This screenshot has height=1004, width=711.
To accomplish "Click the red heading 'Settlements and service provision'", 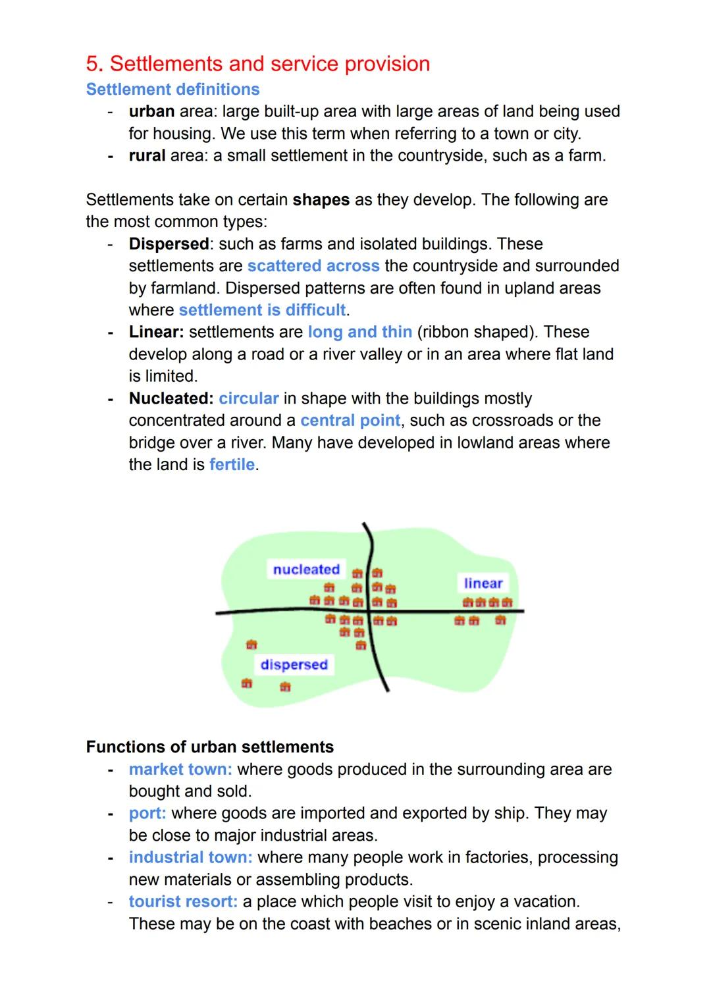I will click(x=257, y=64).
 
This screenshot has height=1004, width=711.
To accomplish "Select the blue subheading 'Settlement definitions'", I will click(x=172, y=90).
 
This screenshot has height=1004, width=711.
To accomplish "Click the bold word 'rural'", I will click(x=147, y=156).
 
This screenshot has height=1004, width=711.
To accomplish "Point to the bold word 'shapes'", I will click(x=321, y=200).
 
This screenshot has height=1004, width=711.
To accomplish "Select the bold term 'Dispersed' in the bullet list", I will click(x=169, y=244).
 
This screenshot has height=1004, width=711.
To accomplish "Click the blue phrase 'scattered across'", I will click(x=313, y=266).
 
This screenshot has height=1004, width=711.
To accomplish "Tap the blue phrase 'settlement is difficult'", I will click(x=262, y=310).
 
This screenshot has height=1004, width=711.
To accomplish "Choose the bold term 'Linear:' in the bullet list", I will click(x=156, y=332).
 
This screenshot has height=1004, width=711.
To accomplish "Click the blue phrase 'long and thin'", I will click(x=359, y=332).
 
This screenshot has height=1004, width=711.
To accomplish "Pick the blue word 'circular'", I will click(x=248, y=399).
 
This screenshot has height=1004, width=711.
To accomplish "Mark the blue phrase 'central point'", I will click(x=350, y=421).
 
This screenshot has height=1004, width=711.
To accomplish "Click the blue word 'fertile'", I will click(x=232, y=465).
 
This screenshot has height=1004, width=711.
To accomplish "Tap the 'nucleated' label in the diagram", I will click(x=306, y=569).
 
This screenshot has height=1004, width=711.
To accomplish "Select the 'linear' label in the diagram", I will click(x=483, y=583).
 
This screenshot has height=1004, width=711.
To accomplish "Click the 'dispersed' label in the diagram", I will click(x=294, y=664).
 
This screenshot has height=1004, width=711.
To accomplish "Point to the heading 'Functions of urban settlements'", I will click(x=210, y=747).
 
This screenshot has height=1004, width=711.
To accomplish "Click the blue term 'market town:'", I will click(x=180, y=770).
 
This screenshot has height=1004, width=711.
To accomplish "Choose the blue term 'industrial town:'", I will click(x=190, y=858).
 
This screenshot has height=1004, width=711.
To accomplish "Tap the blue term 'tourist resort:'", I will click(x=183, y=902).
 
